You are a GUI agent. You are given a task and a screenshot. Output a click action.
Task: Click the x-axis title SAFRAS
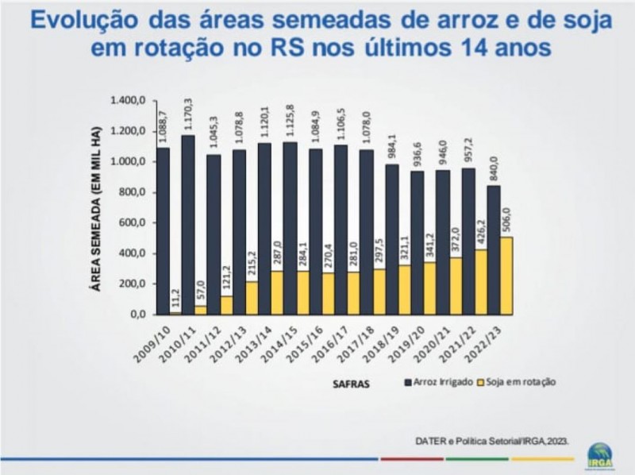click(x=348, y=383)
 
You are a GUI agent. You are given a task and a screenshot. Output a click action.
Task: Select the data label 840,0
click(x=493, y=168)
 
